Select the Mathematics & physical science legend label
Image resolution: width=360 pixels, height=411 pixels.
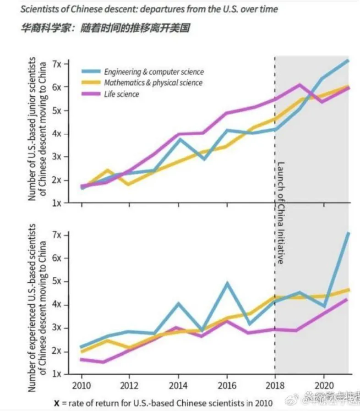(x=153, y=83)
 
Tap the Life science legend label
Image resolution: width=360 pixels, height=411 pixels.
(x=121, y=94)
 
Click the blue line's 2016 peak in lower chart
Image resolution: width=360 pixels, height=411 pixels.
(x=228, y=284)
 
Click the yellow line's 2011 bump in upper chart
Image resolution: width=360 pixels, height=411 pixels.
(x=107, y=170)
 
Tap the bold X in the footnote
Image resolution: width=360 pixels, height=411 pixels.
(x=57, y=403)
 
